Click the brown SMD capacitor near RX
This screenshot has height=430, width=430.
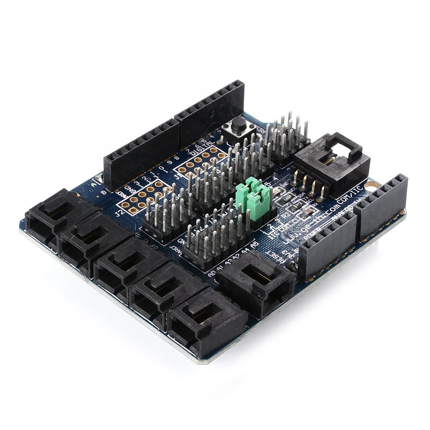tap(307, 214)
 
